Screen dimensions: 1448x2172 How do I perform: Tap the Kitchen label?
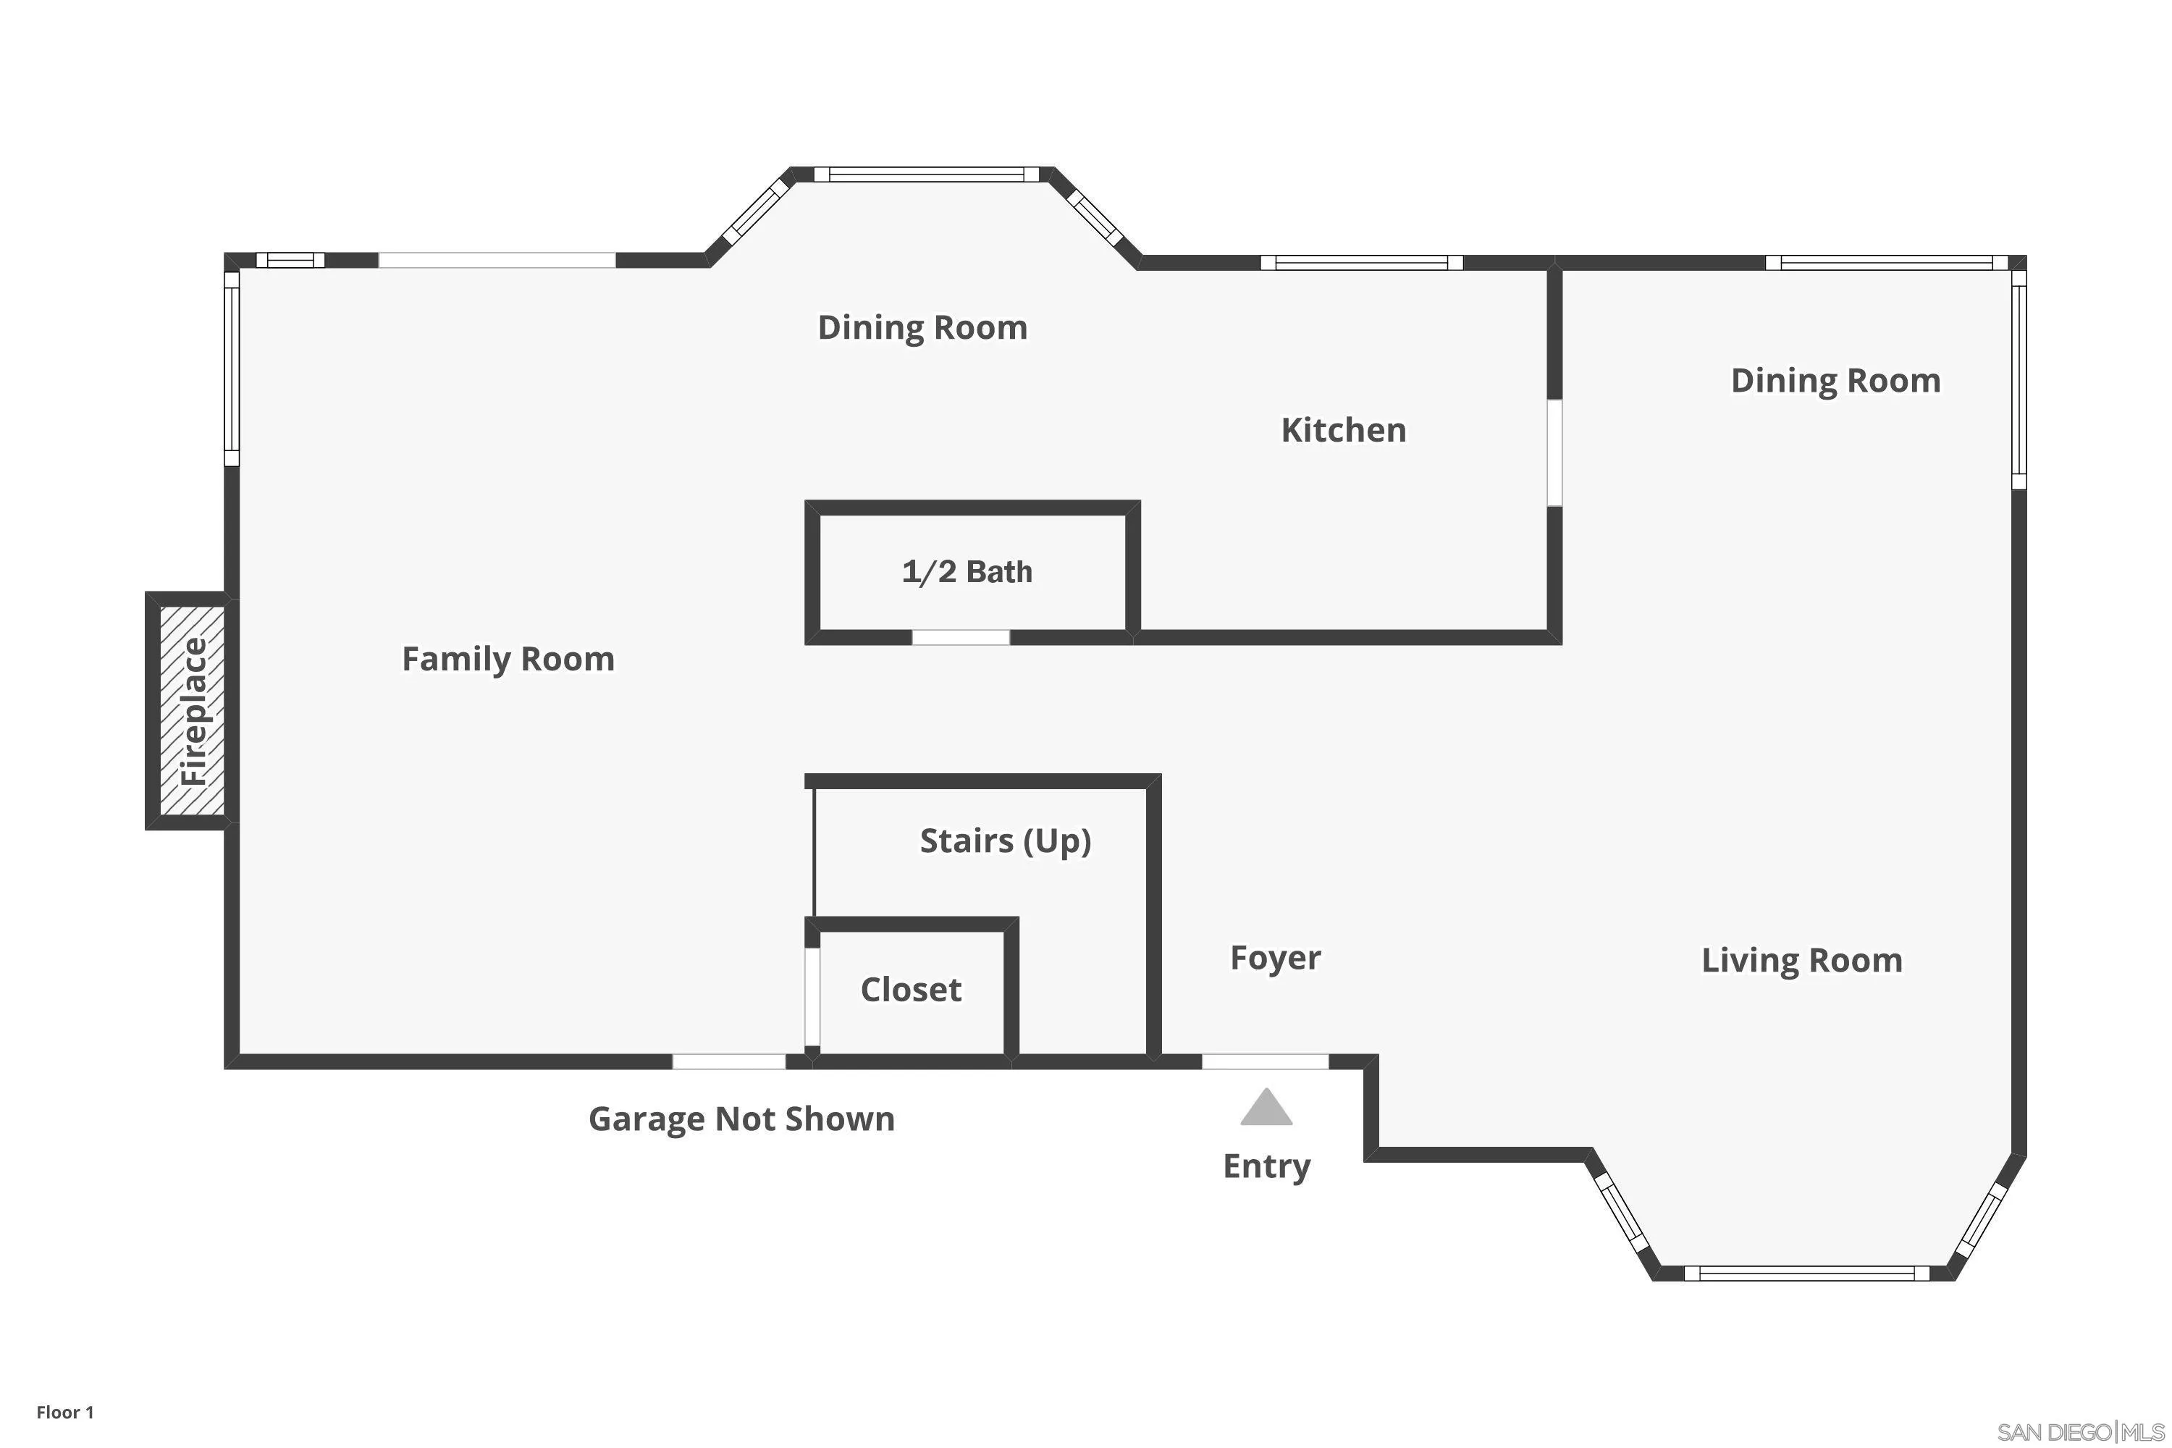(1344, 430)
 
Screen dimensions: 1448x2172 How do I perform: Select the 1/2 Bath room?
(967, 572)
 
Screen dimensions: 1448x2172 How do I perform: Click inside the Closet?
(911, 990)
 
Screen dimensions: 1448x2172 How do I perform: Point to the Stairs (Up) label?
(1005, 841)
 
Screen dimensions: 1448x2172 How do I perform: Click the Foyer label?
(1275, 959)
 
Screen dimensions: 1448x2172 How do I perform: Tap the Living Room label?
(1802, 961)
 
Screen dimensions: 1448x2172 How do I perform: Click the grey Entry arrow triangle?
(1266, 1109)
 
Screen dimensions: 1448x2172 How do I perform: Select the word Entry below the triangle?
(1266, 1166)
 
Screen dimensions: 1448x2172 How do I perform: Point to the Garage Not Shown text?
(741, 1119)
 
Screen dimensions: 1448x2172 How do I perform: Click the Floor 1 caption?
(64, 1412)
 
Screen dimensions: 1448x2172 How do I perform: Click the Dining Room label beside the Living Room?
(1835, 381)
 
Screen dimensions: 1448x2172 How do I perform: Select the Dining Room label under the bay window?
(922, 328)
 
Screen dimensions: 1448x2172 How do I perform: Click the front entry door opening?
(1265, 1062)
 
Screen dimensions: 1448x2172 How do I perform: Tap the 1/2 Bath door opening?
(961, 637)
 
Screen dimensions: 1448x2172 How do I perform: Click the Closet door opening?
(812, 996)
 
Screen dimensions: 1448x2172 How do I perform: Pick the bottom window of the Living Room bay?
(1806, 1274)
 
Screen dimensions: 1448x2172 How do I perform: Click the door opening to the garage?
(728, 1062)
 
